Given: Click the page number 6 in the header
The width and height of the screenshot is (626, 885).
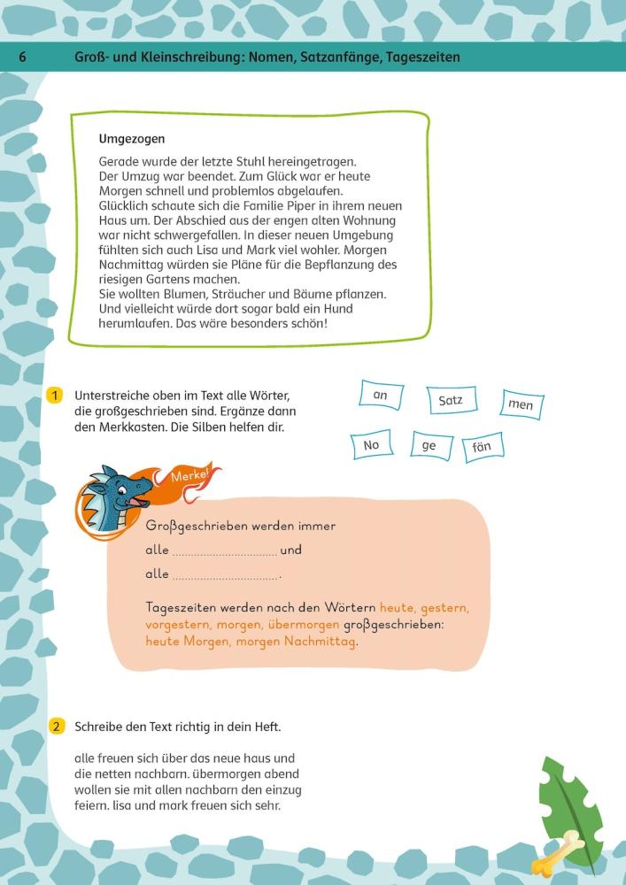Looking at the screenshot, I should point(22,58).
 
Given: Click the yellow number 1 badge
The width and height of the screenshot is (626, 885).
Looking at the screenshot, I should point(55,396).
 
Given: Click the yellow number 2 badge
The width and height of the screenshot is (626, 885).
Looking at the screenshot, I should point(55,727).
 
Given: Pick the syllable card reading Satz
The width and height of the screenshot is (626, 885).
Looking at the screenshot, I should point(451,401).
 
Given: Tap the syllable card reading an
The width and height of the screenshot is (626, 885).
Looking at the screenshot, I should point(381,395).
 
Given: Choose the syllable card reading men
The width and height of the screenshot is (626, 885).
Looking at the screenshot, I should point(521,404).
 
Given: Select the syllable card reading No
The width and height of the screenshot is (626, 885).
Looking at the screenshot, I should point(371,445).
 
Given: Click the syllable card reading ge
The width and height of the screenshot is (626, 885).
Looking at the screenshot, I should point(429,446).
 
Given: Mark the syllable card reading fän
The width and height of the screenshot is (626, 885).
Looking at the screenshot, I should point(483,447).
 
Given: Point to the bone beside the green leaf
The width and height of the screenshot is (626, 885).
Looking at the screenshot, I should point(558,854).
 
